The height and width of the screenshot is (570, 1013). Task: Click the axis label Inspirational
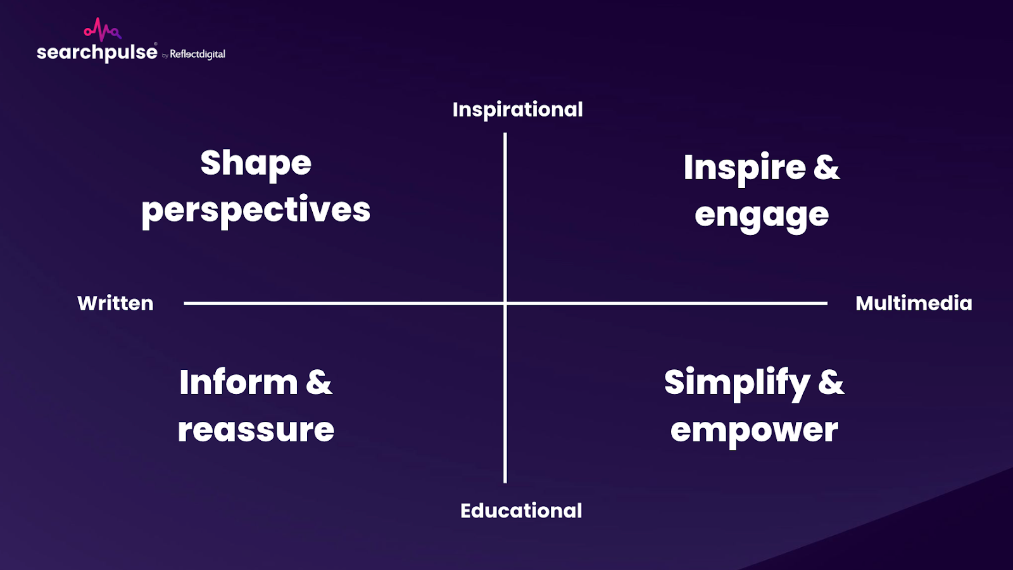(517, 110)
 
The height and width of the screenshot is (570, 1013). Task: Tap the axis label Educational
(521, 510)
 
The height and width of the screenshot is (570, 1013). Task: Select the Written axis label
(115, 303)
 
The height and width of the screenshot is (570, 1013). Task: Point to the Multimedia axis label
(914, 303)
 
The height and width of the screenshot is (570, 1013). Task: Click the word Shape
(256, 164)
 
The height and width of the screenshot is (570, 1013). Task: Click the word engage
(762, 216)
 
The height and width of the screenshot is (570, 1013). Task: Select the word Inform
(239, 383)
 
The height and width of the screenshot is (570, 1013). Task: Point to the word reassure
(256, 430)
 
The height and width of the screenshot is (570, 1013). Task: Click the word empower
(754, 431)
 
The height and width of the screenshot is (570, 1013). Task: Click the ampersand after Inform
(319, 383)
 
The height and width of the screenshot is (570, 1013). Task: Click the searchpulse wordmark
(98, 52)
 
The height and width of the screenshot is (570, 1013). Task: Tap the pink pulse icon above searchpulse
(103, 29)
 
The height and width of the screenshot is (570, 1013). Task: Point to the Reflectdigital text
(198, 54)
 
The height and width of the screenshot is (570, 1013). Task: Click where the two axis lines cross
(505, 303)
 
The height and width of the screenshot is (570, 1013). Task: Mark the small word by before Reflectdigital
(165, 56)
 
